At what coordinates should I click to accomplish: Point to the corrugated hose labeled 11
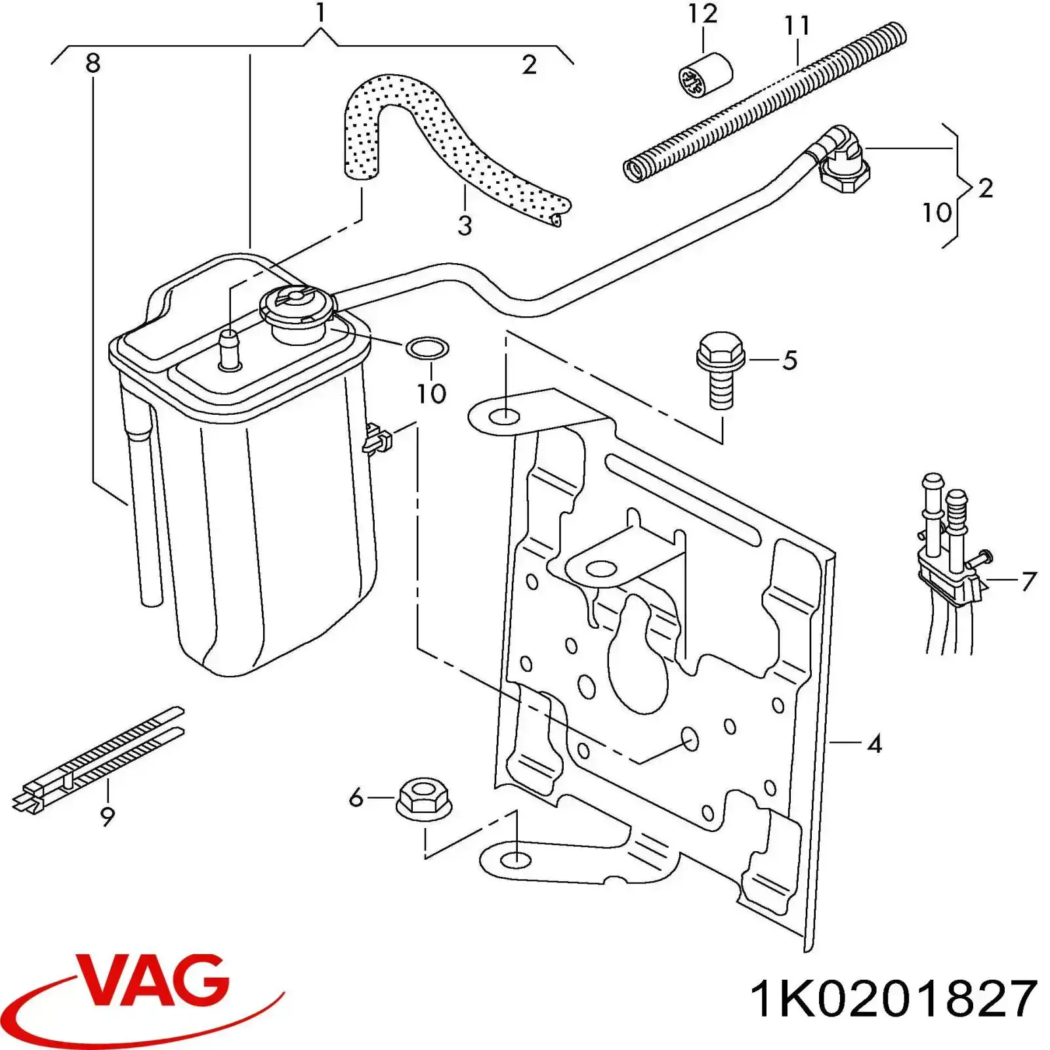(765, 104)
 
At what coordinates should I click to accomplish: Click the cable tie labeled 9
(98, 761)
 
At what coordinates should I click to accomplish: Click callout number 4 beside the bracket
(874, 744)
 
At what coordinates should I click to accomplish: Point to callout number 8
(93, 64)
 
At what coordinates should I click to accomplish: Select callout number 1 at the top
(320, 13)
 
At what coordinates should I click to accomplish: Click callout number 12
(702, 14)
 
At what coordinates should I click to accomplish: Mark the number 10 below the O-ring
(431, 394)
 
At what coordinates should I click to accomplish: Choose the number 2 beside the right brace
(985, 188)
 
